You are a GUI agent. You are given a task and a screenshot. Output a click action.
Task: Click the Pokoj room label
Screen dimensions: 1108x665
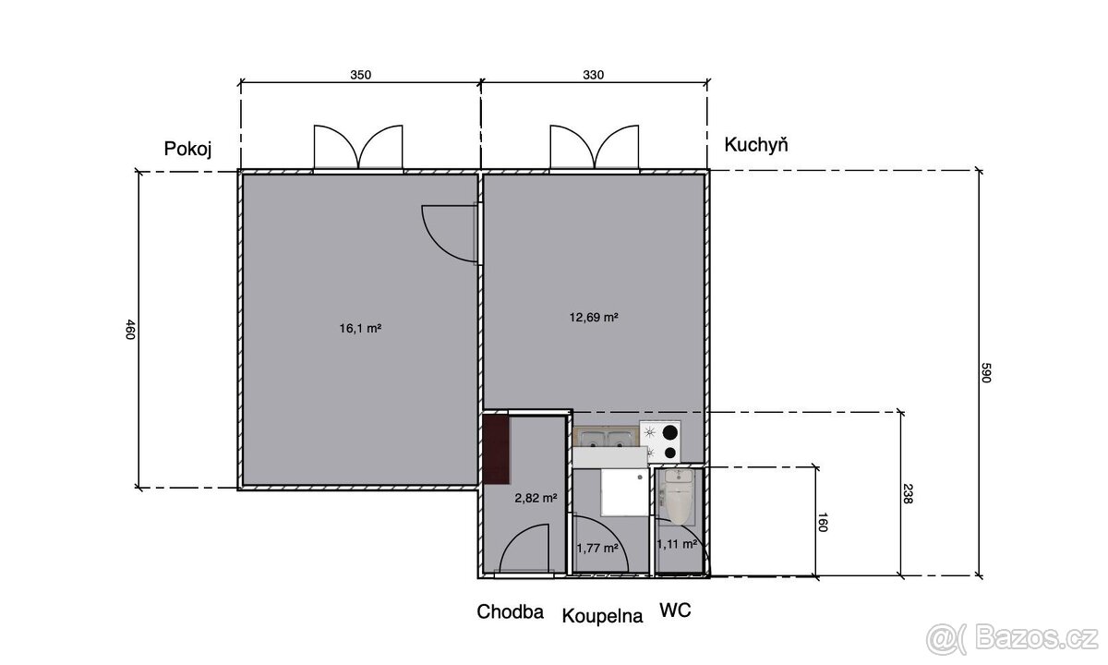188,149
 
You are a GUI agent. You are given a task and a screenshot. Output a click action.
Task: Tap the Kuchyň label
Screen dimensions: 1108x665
756,144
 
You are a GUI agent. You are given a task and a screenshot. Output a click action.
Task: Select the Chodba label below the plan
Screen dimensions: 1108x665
510,612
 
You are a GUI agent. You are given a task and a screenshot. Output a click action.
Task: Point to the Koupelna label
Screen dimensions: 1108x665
602,616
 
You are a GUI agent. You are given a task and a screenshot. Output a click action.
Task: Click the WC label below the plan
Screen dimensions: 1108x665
675,611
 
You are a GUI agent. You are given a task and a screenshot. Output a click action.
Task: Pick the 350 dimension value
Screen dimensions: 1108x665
361,75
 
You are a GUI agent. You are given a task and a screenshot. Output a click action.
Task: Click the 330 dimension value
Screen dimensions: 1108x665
594,75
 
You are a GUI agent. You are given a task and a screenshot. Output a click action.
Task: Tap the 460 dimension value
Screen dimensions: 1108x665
129,330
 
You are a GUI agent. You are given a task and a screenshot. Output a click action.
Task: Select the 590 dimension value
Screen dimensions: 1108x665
986,372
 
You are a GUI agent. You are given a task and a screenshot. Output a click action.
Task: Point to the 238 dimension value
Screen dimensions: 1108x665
907,494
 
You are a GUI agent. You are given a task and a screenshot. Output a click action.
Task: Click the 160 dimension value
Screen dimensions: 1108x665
822,522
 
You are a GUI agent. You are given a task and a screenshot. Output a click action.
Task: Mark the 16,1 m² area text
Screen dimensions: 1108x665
360,328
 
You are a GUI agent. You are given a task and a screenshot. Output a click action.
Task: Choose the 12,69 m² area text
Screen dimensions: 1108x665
594,317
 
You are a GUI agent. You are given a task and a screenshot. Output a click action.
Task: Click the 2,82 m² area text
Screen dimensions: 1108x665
536,498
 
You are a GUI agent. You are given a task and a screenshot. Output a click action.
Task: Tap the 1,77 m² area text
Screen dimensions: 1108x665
597,549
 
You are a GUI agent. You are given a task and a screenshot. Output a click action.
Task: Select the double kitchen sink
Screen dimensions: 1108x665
606,439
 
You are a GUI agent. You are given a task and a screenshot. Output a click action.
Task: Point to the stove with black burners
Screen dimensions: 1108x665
660,441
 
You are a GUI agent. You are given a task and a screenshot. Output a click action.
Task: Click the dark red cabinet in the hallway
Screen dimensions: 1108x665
497,450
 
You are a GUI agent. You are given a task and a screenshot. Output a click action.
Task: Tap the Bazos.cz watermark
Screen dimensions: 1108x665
1011,639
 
